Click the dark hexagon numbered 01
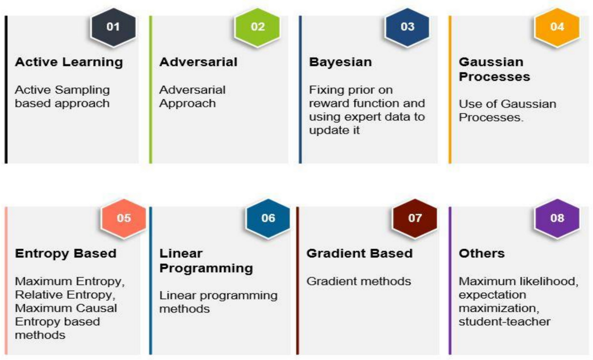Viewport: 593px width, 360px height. click(x=113, y=27)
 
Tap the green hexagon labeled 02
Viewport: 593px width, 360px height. click(x=257, y=27)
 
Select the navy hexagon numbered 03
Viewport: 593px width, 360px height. click(x=407, y=27)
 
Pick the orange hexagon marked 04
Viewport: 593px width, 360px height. click(x=557, y=27)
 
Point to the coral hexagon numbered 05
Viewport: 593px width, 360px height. click(x=124, y=218)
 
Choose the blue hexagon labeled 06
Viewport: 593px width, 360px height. click(x=268, y=218)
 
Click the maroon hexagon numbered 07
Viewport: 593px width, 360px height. click(x=415, y=218)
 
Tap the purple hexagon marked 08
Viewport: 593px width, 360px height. click(x=557, y=218)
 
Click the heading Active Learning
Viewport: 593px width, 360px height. click(x=69, y=63)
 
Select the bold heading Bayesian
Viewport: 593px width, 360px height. click(x=340, y=63)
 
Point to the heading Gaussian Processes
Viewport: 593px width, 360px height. click(x=494, y=69)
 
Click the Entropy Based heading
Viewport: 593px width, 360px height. click(x=66, y=254)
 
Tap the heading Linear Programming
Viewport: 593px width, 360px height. click(x=206, y=261)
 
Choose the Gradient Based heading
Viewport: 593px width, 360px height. click(x=360, y=253)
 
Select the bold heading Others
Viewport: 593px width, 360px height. click(x=481, y=253)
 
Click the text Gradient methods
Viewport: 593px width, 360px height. click(x=359, y=281)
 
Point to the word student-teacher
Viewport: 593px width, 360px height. click(x=505, y=321)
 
